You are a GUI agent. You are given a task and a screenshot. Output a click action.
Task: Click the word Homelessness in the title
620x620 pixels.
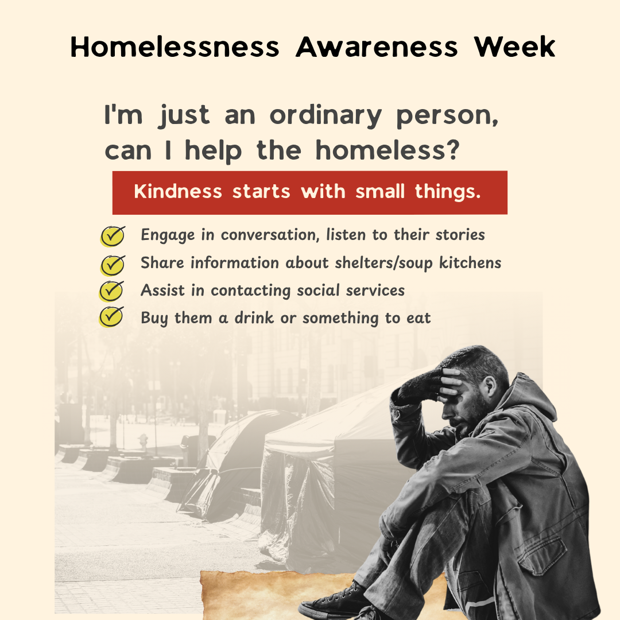[175, 47]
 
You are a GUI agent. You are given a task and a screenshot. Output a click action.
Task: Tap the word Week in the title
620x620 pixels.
[514, 47]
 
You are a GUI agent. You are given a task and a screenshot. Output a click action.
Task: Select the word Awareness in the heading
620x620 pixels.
[377, 47]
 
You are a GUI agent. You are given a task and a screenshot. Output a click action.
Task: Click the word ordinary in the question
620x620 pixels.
[325, 117]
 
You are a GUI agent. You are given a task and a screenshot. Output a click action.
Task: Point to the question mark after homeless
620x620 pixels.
[454, 149]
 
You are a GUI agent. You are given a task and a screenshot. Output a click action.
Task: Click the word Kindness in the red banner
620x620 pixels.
[178, 191]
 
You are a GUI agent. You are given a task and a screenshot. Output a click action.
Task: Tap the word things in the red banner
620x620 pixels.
[448, 192]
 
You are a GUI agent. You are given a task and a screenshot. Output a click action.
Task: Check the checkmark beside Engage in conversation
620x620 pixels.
[113, 236]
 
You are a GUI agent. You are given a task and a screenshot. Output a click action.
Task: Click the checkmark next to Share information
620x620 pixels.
[113, 265]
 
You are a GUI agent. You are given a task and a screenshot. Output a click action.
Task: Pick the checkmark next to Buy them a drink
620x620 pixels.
[111, 317]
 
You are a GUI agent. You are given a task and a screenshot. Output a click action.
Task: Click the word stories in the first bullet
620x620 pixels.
[460, 235]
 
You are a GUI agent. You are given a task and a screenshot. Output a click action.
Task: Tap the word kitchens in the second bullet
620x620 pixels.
[470, 262]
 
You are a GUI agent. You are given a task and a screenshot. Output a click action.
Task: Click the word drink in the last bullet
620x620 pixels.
[254, 317]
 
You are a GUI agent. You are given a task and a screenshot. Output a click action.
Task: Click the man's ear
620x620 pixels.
[491, 386]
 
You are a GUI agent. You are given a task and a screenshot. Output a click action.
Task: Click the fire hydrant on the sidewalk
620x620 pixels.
[143, 441]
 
